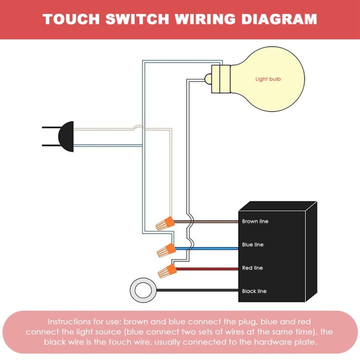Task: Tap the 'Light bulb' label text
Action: (x=268, y=79)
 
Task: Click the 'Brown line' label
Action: (x=255, y=221)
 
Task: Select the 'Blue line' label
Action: (x=253, y=244)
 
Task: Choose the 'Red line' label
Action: (x=252, y=268)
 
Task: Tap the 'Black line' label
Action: (x=254, y=291)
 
